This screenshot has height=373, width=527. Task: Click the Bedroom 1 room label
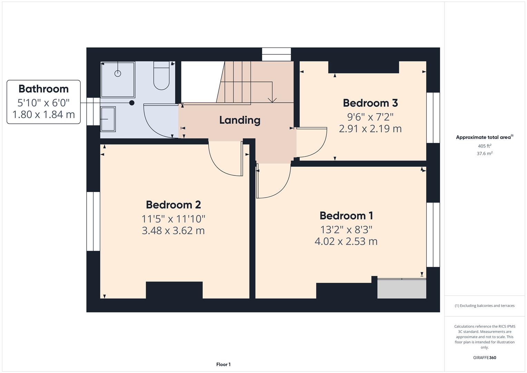point(346,216)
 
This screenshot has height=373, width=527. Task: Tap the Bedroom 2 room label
point(173,205)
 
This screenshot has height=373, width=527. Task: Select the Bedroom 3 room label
point(370,103)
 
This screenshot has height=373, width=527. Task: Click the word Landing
point(240,120)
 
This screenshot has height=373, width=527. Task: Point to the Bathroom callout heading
point(43,89)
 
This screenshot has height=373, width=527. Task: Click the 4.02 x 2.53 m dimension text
point(346,241)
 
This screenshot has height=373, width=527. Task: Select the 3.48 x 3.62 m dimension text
point(173,230)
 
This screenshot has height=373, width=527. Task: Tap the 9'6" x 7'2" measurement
point(370,117)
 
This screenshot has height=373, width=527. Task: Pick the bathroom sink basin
point(108,119)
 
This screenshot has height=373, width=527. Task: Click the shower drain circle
point(118,73)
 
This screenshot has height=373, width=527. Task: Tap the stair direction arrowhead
point(272,100)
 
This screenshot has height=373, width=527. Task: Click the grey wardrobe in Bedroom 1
point(402,289)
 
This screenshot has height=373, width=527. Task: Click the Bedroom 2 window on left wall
point(93,221)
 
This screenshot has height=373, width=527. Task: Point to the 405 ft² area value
point(485,146)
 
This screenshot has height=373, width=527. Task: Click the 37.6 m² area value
point(485,154)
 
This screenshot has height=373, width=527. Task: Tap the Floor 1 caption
point(223,364)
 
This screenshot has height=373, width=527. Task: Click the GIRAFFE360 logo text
point(485,357)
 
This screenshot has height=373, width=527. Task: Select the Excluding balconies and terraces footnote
point(485,306)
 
